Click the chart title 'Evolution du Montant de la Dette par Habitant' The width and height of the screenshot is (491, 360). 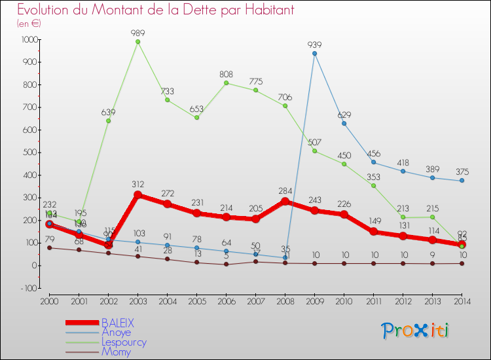155,10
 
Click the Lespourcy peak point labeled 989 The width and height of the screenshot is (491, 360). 137,42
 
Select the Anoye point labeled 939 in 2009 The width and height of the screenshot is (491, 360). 314,53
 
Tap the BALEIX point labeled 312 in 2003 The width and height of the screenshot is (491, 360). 137,194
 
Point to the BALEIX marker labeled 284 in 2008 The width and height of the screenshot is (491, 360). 285,201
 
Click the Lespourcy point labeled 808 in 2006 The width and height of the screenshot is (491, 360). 226,82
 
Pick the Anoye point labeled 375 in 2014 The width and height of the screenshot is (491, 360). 462,181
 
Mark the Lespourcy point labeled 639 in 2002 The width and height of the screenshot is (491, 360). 108,121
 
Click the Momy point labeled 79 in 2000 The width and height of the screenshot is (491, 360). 49,247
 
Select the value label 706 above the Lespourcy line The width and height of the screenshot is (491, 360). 285,97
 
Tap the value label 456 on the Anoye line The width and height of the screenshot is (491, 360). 373,153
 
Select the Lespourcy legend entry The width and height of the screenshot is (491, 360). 124,342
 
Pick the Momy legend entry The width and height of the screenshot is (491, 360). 116,351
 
